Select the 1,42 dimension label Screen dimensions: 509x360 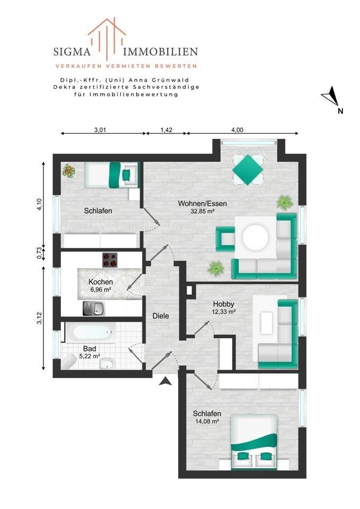point(165,129)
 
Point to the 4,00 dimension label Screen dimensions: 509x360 point(237,129)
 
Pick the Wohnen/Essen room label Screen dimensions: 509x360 point(196,204)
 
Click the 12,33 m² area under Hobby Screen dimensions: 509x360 point(224,312)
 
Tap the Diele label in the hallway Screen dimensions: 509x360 point(161,315)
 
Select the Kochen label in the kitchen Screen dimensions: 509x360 point(100,282)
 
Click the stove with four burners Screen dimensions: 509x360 point(110,259)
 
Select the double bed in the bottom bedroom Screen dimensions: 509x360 point(254,441)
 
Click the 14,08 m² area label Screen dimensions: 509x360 point(207,422)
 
